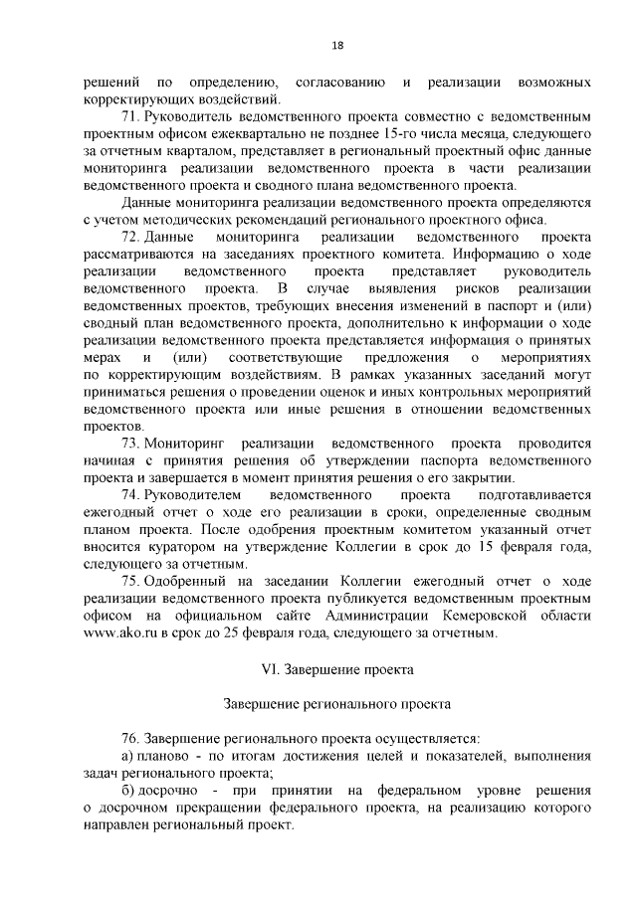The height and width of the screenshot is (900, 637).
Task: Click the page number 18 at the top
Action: [x=338, y=46]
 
